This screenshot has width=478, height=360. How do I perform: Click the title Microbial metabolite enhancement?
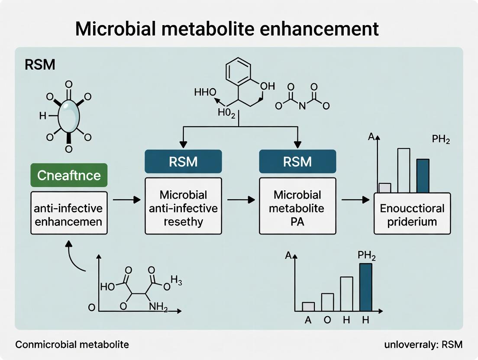coord(227,29)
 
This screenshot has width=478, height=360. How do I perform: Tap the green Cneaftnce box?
coord(69,175)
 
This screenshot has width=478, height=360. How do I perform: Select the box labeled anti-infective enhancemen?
coord(69,213)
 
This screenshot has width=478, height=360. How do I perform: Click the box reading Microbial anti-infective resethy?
coord(183,206)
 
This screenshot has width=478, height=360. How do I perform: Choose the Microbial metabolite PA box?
coord(297,206)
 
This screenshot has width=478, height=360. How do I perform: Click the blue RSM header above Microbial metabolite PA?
coord(297,161)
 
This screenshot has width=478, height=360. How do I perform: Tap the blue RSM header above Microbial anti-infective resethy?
coord(183,161)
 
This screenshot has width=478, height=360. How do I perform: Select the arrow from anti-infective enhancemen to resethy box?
coord(126,200)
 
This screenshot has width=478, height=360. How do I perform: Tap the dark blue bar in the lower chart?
coord(366,287)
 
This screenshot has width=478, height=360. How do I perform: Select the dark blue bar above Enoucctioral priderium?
coord(423,176)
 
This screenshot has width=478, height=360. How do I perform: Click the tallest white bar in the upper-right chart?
coord(404,170)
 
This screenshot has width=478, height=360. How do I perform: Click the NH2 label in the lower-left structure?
coord(158,306)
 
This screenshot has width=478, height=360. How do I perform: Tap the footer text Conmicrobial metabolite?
coord(72,345)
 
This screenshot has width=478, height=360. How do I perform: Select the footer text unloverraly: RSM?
coord(423,345)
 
